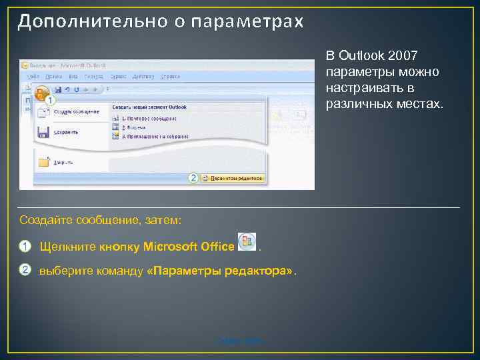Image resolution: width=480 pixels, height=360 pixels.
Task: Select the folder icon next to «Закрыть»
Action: pos(45,161)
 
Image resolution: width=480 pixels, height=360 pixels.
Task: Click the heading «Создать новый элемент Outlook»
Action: pos(149,107)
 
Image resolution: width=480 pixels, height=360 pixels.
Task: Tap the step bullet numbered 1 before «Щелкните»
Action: pos(25,247)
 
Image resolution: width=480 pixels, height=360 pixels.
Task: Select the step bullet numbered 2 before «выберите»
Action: pos(25,270)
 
